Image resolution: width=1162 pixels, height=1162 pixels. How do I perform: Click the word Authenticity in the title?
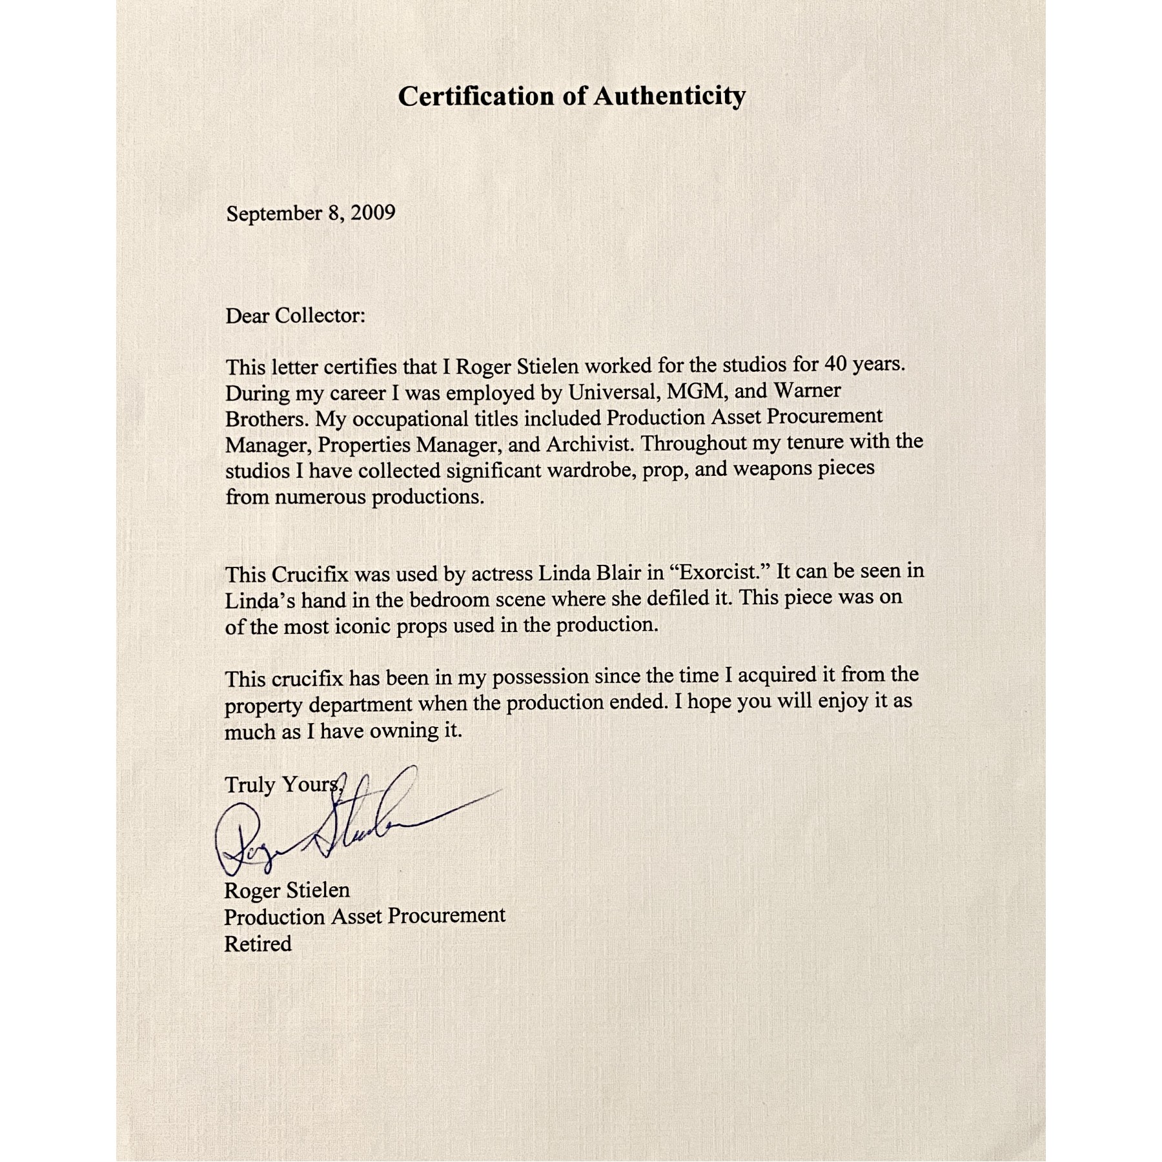669,97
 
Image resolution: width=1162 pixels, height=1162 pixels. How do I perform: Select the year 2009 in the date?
372,212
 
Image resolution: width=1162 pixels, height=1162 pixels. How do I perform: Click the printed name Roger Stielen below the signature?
287,890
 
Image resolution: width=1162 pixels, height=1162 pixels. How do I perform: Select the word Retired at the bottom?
258,944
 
